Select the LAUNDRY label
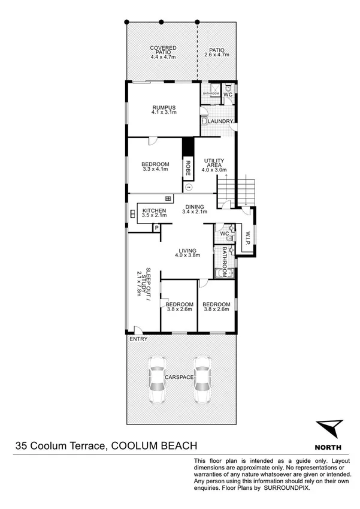(220, 122)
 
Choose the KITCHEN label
(154, 210)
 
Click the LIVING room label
(187, 251)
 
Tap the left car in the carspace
(158, 381)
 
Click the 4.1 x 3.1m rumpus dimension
(162, 112)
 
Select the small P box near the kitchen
(156, 228)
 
